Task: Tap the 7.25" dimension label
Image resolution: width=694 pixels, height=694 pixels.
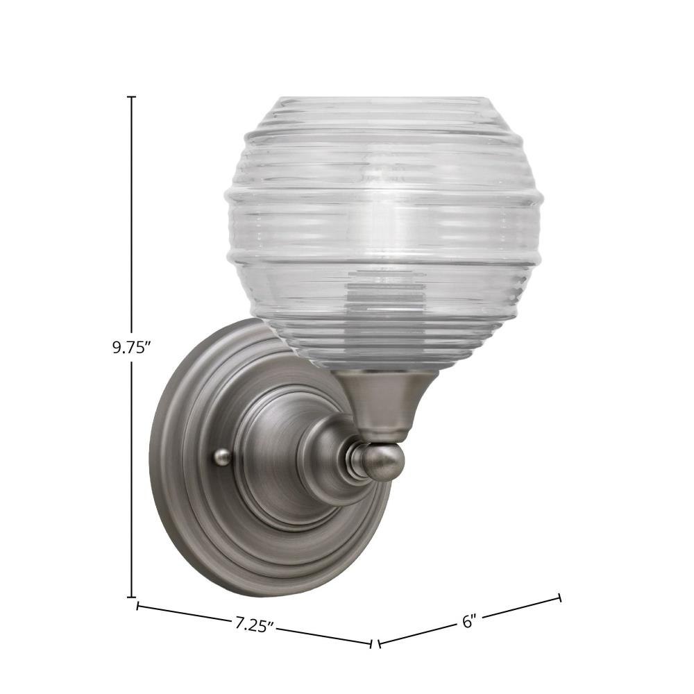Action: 253,625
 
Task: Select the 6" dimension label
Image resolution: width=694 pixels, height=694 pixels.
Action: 468,621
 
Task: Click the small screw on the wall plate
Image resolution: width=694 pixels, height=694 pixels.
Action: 221,457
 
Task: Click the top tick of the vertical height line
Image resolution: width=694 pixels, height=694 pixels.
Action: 132,96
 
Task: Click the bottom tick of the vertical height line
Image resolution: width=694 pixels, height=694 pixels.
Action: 132,597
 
